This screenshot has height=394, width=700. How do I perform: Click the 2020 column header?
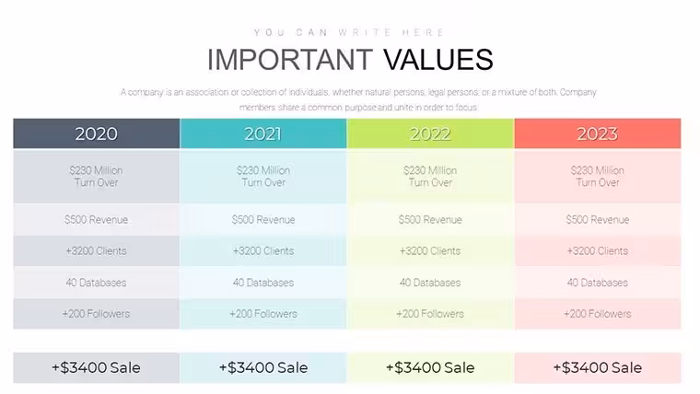(97, 133)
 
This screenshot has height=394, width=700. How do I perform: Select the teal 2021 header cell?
(263, 133)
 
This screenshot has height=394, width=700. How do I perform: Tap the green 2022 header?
(430, 133)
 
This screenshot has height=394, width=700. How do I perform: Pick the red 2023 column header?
(598, 133)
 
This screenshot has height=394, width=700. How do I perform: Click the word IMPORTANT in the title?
(290, 59)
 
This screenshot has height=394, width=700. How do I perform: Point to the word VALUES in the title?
(438, 59)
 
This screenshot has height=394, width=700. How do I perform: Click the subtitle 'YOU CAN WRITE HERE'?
(349, 32)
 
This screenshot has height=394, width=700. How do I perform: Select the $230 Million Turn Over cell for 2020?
(97, 177)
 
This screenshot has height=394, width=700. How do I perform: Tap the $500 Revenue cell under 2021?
(263, 219)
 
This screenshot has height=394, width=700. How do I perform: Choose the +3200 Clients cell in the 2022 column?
(430, 250)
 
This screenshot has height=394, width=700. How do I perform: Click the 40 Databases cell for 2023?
(598, 283)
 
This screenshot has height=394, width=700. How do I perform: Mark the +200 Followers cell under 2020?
(97, 314)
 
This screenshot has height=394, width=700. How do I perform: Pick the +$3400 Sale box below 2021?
(263, 367)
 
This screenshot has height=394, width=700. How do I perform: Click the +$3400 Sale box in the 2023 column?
(598, 367)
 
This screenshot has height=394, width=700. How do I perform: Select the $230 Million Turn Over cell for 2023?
(598, 177)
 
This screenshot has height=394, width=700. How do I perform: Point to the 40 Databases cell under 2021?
(263, 283)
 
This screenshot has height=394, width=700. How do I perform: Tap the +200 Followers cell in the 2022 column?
(430, 314)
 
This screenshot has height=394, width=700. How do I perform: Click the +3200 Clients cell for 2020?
(97, 250)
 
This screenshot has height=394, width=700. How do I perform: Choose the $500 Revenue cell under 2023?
(598, 219)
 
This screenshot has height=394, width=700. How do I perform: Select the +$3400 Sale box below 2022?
(430, 367)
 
